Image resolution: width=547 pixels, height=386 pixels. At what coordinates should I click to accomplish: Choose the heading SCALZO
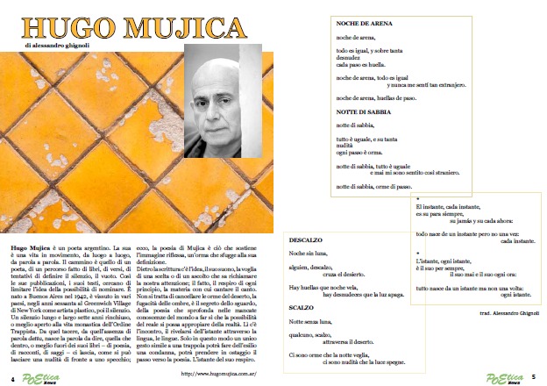click(300, 309)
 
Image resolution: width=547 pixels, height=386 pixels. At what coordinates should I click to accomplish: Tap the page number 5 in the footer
click(534, 377)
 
